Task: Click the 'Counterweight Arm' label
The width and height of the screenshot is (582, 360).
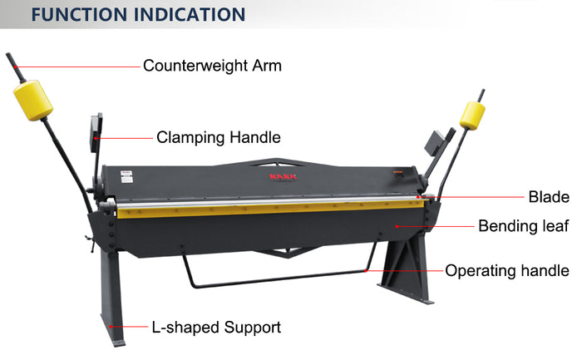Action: (x=212, y=66)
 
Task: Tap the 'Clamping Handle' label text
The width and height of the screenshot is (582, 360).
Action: (x=218, y=138)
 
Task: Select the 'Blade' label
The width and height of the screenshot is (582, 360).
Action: (x=549, y=197)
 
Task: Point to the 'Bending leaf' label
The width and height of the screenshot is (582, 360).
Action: (x=523, y=225)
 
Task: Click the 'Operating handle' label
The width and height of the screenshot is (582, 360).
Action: (x=507, y=270)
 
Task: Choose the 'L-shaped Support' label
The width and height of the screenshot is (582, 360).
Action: (x=216, y=328)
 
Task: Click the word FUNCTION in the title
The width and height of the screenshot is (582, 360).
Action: (x=79, y=14)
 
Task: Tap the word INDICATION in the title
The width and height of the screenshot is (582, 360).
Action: (x=190, y=14)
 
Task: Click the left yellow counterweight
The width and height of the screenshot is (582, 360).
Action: (x=33, y=101)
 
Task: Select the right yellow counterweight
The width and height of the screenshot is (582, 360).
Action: (x=472, y=116)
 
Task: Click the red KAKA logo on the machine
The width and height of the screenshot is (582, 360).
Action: (x=284, y=176)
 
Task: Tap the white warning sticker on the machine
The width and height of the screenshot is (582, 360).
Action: (x=126, y=176)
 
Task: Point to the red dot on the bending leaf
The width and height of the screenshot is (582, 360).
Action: (x=397, y=226)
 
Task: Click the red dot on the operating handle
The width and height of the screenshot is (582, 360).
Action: (x=366, y=271)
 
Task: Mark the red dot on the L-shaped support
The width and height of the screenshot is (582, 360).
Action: (x=111, y=327)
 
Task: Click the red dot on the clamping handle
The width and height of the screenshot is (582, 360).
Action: (x=96, y=138)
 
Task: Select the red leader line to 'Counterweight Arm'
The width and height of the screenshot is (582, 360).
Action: (x=77, y=67)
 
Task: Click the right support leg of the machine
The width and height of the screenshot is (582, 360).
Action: (x=406, y=267)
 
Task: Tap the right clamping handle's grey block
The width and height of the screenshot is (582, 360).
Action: (x=434, y=143)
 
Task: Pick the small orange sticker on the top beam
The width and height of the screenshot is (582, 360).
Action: (x=398, y=172)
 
